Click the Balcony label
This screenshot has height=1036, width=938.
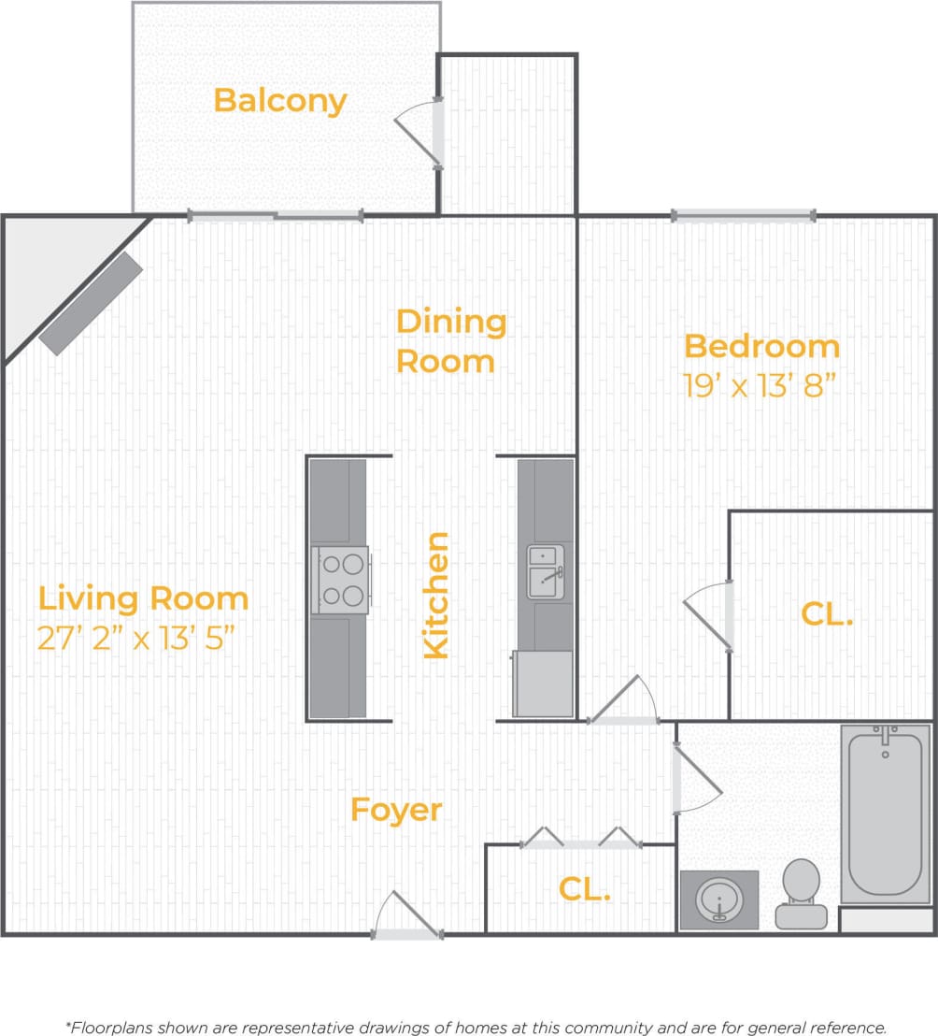point(280,100)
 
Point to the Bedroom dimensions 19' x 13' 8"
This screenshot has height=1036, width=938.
point(759,385)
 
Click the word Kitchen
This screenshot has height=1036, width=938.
point(436,595)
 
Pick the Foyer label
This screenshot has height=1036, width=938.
point(396,810)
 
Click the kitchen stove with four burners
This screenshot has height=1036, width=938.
point(340,580)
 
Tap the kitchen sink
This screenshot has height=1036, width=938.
point(546,572)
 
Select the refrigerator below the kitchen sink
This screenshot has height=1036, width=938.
point(543,683)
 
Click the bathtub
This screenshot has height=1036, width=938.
point(885,813)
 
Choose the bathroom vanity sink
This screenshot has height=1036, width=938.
point(718,899)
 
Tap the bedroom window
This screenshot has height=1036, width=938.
point(744,216)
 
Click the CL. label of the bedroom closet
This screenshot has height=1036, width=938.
point(828,614)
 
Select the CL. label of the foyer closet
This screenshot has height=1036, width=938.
point(585,889)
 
